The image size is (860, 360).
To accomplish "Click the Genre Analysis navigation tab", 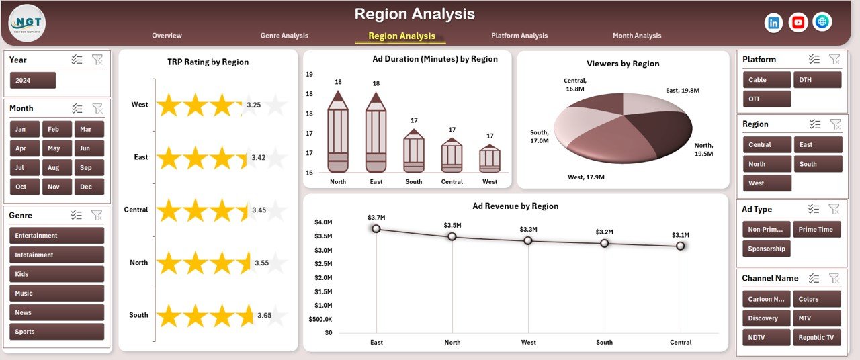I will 284,36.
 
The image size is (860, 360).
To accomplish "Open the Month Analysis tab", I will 636,36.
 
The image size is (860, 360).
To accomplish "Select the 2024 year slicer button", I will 33,81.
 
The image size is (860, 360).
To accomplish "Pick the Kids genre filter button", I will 57,274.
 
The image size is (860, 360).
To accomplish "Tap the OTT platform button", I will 767,99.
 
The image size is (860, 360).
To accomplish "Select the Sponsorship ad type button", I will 767,249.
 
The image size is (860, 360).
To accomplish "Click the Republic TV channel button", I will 816,338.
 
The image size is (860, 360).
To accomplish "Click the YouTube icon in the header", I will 798,22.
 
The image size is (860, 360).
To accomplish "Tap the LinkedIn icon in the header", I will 774,22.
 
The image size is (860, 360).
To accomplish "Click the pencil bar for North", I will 338,134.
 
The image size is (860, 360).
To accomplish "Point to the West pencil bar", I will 490,159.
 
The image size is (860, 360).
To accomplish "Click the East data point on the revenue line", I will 376,229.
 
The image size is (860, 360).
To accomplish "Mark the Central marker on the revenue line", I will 681,246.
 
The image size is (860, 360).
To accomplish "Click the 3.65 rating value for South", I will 265,316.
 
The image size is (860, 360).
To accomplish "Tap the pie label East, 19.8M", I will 683,90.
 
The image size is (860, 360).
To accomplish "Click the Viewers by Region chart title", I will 623,64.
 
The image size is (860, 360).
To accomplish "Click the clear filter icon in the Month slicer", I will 97,108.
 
